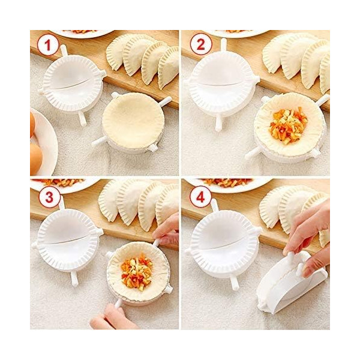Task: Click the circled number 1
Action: tap(47, 45)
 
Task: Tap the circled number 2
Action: tap(200, 45)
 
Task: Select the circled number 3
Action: tap(49, 197)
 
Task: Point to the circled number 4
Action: tap(200, 197)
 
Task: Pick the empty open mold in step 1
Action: tap(72, 83)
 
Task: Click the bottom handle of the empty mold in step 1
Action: tap(82, 118)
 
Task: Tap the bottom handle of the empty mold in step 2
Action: tap(218, 124)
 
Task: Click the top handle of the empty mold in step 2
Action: tap(224, 46)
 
